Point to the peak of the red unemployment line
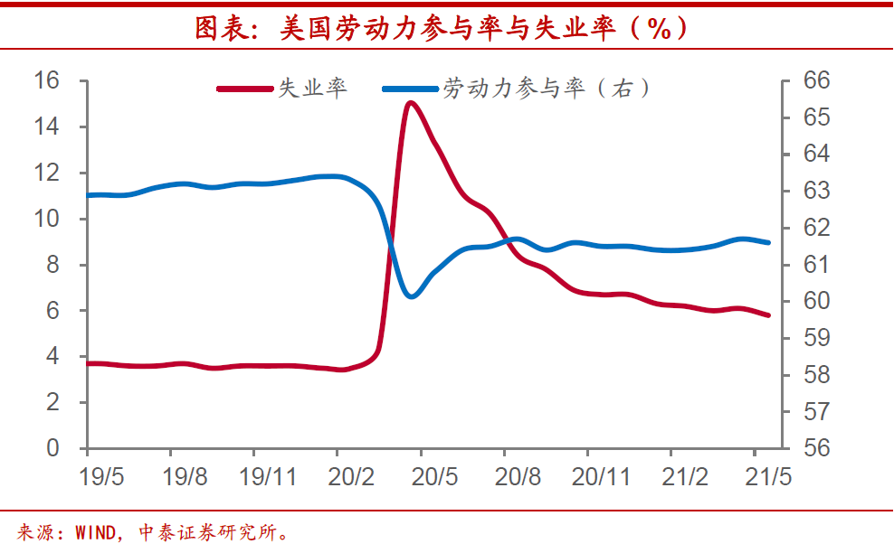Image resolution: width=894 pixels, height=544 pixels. [x=411, y=103]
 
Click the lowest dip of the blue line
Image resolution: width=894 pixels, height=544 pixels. [x=412, y=295]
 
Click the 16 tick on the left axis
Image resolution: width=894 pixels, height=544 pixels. [x=46, y=80]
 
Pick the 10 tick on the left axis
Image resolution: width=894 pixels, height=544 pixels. [x=46, y=219]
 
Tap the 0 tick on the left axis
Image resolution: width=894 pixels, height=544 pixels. [x=52, y=448]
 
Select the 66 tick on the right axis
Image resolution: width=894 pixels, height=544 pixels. [x=815, y=80]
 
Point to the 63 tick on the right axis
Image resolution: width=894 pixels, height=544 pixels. [x=815, y=191]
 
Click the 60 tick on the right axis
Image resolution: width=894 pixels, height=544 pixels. [x=815, y=301]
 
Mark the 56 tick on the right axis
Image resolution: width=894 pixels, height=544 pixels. [x=815, y=448]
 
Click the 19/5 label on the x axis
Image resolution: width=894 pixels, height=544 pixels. [x=101, y=478]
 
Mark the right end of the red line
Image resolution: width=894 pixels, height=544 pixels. [x=768, y=314]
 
